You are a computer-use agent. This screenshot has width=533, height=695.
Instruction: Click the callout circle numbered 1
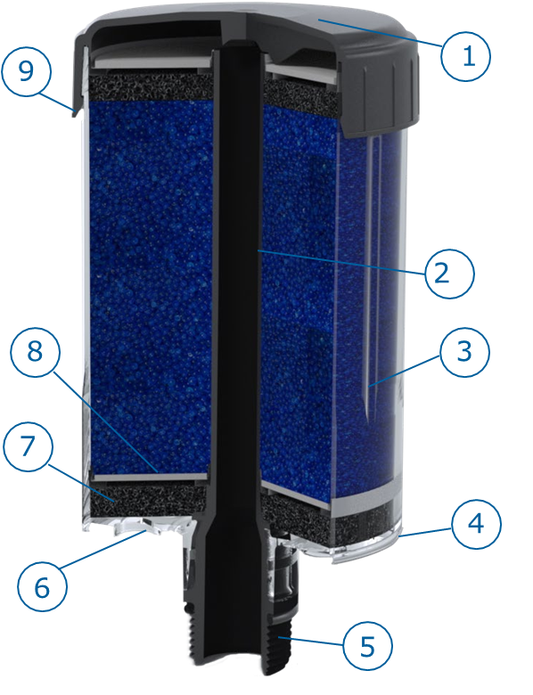coord(466,56)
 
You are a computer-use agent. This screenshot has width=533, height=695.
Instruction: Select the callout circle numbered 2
coord(449,274)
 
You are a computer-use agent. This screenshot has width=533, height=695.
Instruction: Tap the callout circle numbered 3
coord(464,352)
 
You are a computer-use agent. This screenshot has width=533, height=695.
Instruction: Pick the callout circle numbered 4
coord(476,524)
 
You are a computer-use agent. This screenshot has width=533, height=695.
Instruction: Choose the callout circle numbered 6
coord(42,587)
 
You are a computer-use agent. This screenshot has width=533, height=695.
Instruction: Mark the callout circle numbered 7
coord(28,446)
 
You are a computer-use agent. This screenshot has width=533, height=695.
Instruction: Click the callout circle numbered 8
coord(35,352)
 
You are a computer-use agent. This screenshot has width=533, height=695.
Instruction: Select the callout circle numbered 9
coord(26,71)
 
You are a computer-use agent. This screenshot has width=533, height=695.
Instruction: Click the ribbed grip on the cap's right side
coord(381,93)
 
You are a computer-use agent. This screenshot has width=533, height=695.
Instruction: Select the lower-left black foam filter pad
coord(149,500)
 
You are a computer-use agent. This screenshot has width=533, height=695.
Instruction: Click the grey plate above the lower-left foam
coord(149,477)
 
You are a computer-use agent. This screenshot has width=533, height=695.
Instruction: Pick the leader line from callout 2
coord(341,261)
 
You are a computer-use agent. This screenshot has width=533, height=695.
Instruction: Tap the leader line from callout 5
coord(311,642)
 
